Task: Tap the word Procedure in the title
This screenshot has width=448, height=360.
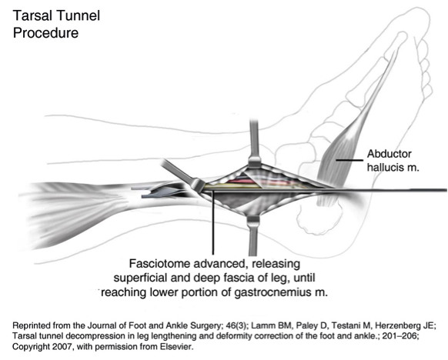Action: coord(45,33)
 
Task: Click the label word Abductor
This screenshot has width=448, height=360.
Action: coord(389,154)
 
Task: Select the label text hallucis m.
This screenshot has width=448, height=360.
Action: coord(393,167)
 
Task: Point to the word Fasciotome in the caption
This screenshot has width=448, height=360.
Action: coord(159,263)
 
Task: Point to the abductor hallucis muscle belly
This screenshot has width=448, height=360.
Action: coord(337,163)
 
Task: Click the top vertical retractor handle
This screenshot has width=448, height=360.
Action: coord(254,140)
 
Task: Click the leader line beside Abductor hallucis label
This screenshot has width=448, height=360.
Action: coord(349,160)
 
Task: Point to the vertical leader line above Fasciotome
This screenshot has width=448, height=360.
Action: coord(212,222)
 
